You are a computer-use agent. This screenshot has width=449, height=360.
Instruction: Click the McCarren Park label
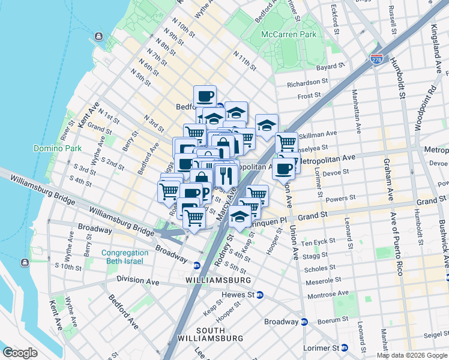click(288, 34)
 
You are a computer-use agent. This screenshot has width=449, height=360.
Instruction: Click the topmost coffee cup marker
click(205, 96)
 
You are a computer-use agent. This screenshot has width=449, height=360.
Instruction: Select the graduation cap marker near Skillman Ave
click(267, 125)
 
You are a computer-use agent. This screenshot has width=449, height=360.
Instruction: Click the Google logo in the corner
click(20, 352)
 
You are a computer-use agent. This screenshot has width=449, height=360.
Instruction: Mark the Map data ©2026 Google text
click(411, 355)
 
